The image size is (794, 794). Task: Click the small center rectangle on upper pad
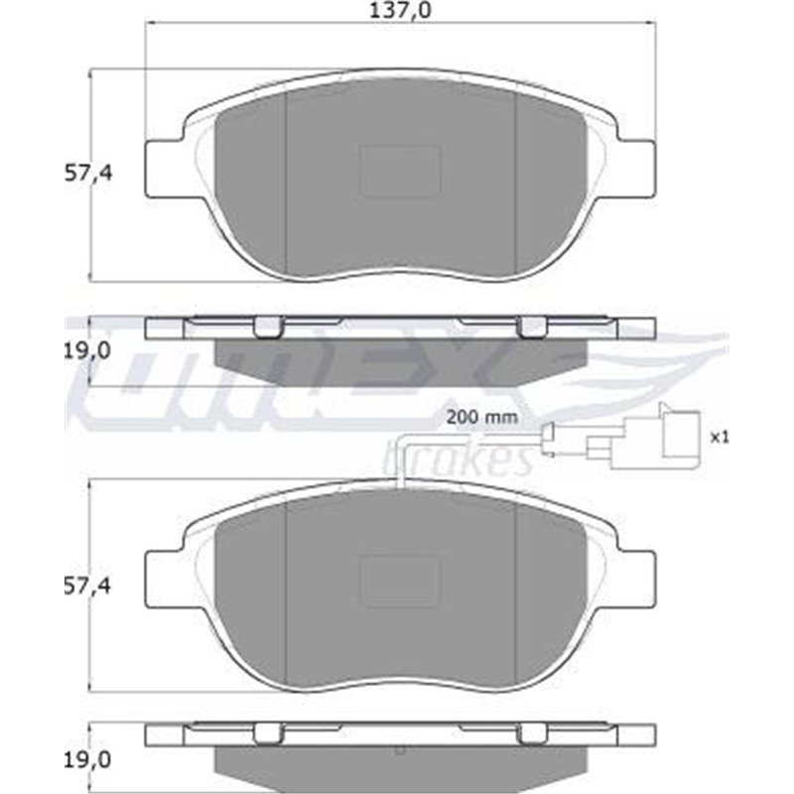(x=399, y=171)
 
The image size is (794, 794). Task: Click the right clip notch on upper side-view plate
(x=533, y=328)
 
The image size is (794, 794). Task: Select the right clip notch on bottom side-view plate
(x=533, y=735)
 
